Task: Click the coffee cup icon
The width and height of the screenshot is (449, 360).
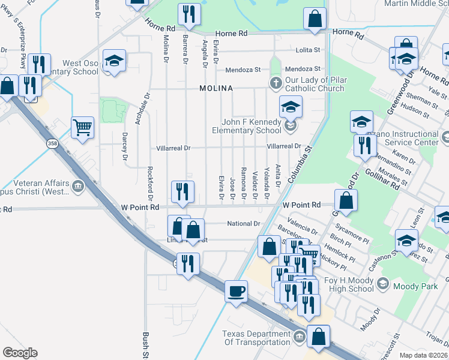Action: [x=236, y=292]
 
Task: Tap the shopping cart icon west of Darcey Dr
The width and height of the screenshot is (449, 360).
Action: [x=82, y=127]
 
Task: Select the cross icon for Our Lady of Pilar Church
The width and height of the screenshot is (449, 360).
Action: [x=276, y=83]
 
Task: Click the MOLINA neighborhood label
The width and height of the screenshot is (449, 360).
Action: [x=216, y=88]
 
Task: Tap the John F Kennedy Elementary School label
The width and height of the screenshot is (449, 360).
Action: [x=247, y=126]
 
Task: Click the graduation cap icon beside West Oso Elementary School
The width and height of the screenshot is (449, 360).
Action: [x=113, y=61]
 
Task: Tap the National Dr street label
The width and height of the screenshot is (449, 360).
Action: [x=243, y=224]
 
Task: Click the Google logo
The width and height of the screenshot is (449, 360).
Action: [x=20, y=353]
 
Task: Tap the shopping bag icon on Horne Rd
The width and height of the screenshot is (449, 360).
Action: [x=315, y=19]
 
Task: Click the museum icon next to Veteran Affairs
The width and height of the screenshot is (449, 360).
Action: [x=77, y=187]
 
